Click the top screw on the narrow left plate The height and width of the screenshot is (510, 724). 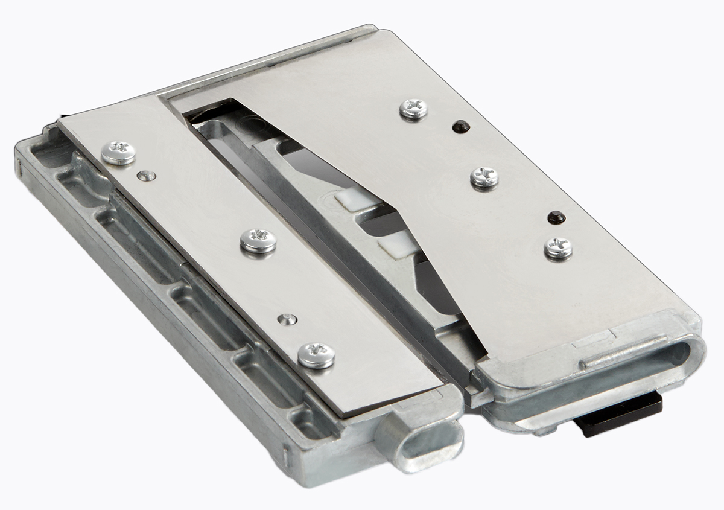coord(118,152)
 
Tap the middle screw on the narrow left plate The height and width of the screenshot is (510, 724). coord(258,240)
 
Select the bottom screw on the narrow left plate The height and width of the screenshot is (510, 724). coord(316,354)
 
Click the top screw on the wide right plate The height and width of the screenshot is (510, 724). coord(414,109)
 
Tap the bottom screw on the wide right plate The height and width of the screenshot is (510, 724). coord(558,247)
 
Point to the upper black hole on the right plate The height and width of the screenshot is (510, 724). coord(460,126)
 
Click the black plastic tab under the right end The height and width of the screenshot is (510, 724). coord(621,415)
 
